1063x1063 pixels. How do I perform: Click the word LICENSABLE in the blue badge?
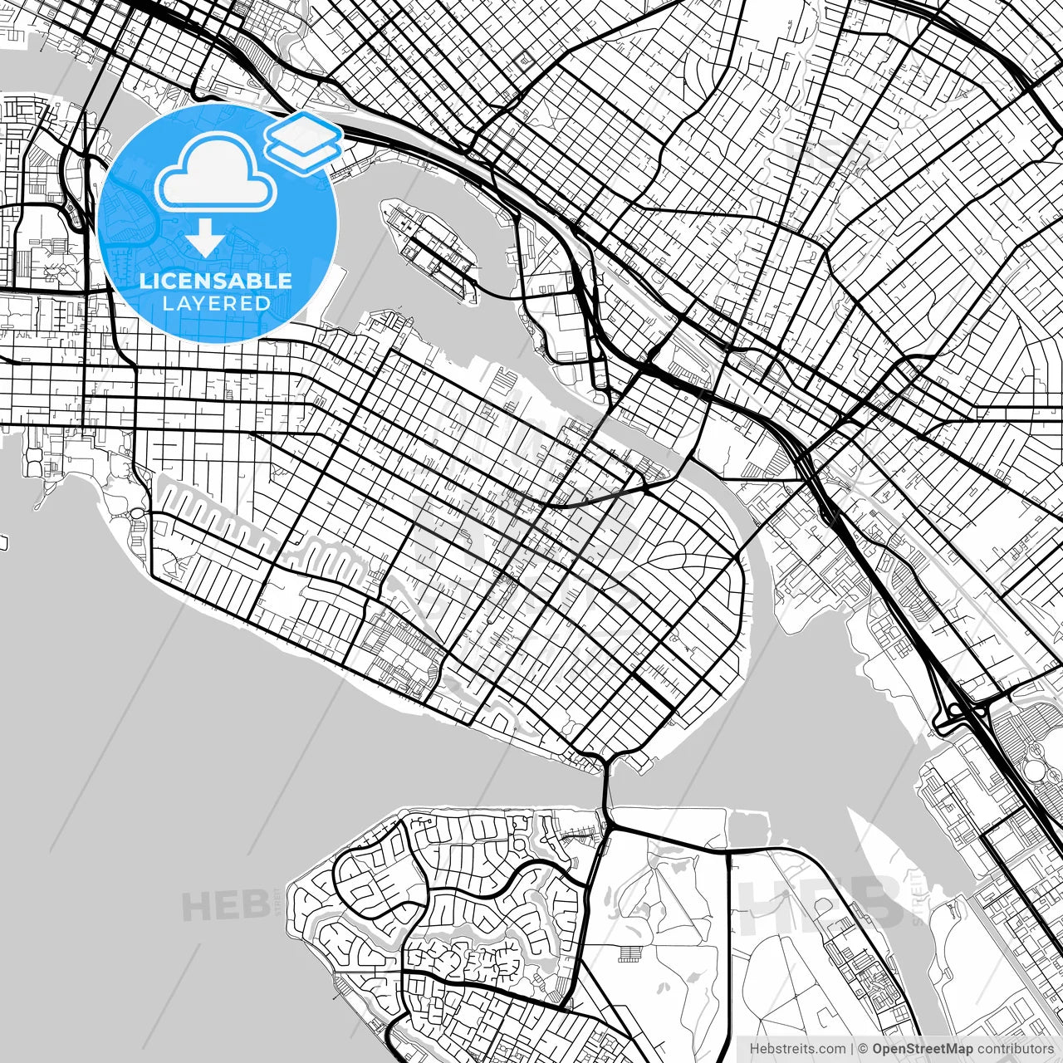pos(216,281)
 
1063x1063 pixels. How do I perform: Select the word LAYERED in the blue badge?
pos(216,303)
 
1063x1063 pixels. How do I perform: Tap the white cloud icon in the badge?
pos(216,173)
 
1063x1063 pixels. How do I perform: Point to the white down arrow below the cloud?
pos(205,239)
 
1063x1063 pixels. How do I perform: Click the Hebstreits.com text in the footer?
pos(797,1049)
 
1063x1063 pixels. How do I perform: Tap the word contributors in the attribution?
pos(1014,1049)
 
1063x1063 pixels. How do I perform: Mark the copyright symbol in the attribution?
pos(863,1049)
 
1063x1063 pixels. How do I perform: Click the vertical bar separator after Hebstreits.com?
pos(853,1049)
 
